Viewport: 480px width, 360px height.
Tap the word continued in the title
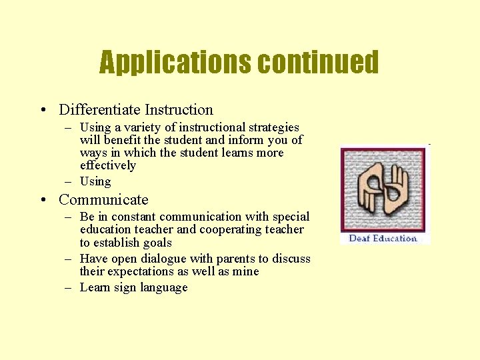point(318,63)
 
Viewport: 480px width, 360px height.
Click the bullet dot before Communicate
point(43,200)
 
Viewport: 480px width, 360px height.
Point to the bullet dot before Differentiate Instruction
point(43,110)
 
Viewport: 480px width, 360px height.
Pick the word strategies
point(272,127)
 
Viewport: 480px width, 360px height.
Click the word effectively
point(107,165)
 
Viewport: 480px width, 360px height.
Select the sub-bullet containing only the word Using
point(95,181)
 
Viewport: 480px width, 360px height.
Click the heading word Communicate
point(103,200)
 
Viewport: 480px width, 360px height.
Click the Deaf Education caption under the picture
point(383,238)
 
